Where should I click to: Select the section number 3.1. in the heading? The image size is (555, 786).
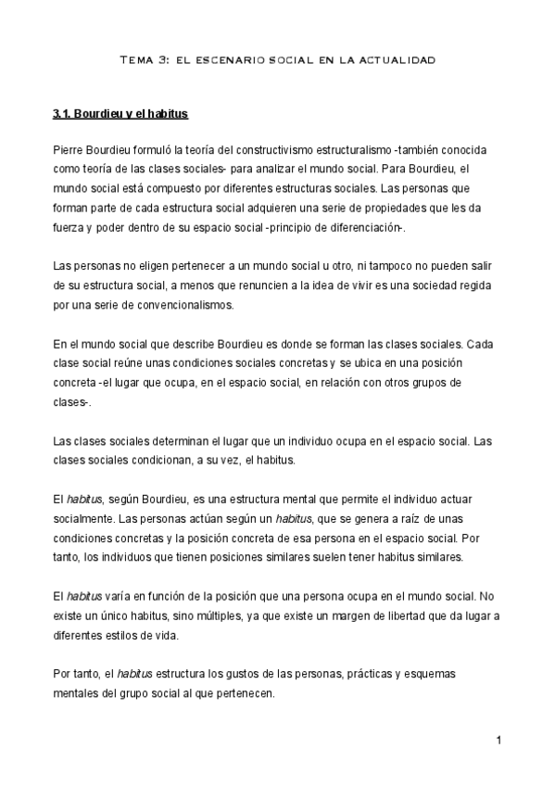click(64, 115)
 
